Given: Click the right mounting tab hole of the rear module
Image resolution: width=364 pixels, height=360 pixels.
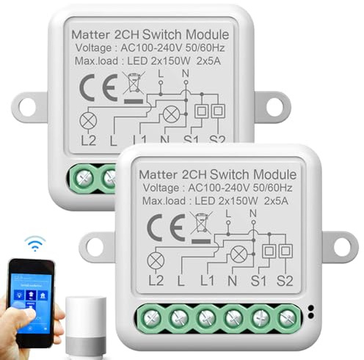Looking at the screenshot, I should click(x=273, y=106).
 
